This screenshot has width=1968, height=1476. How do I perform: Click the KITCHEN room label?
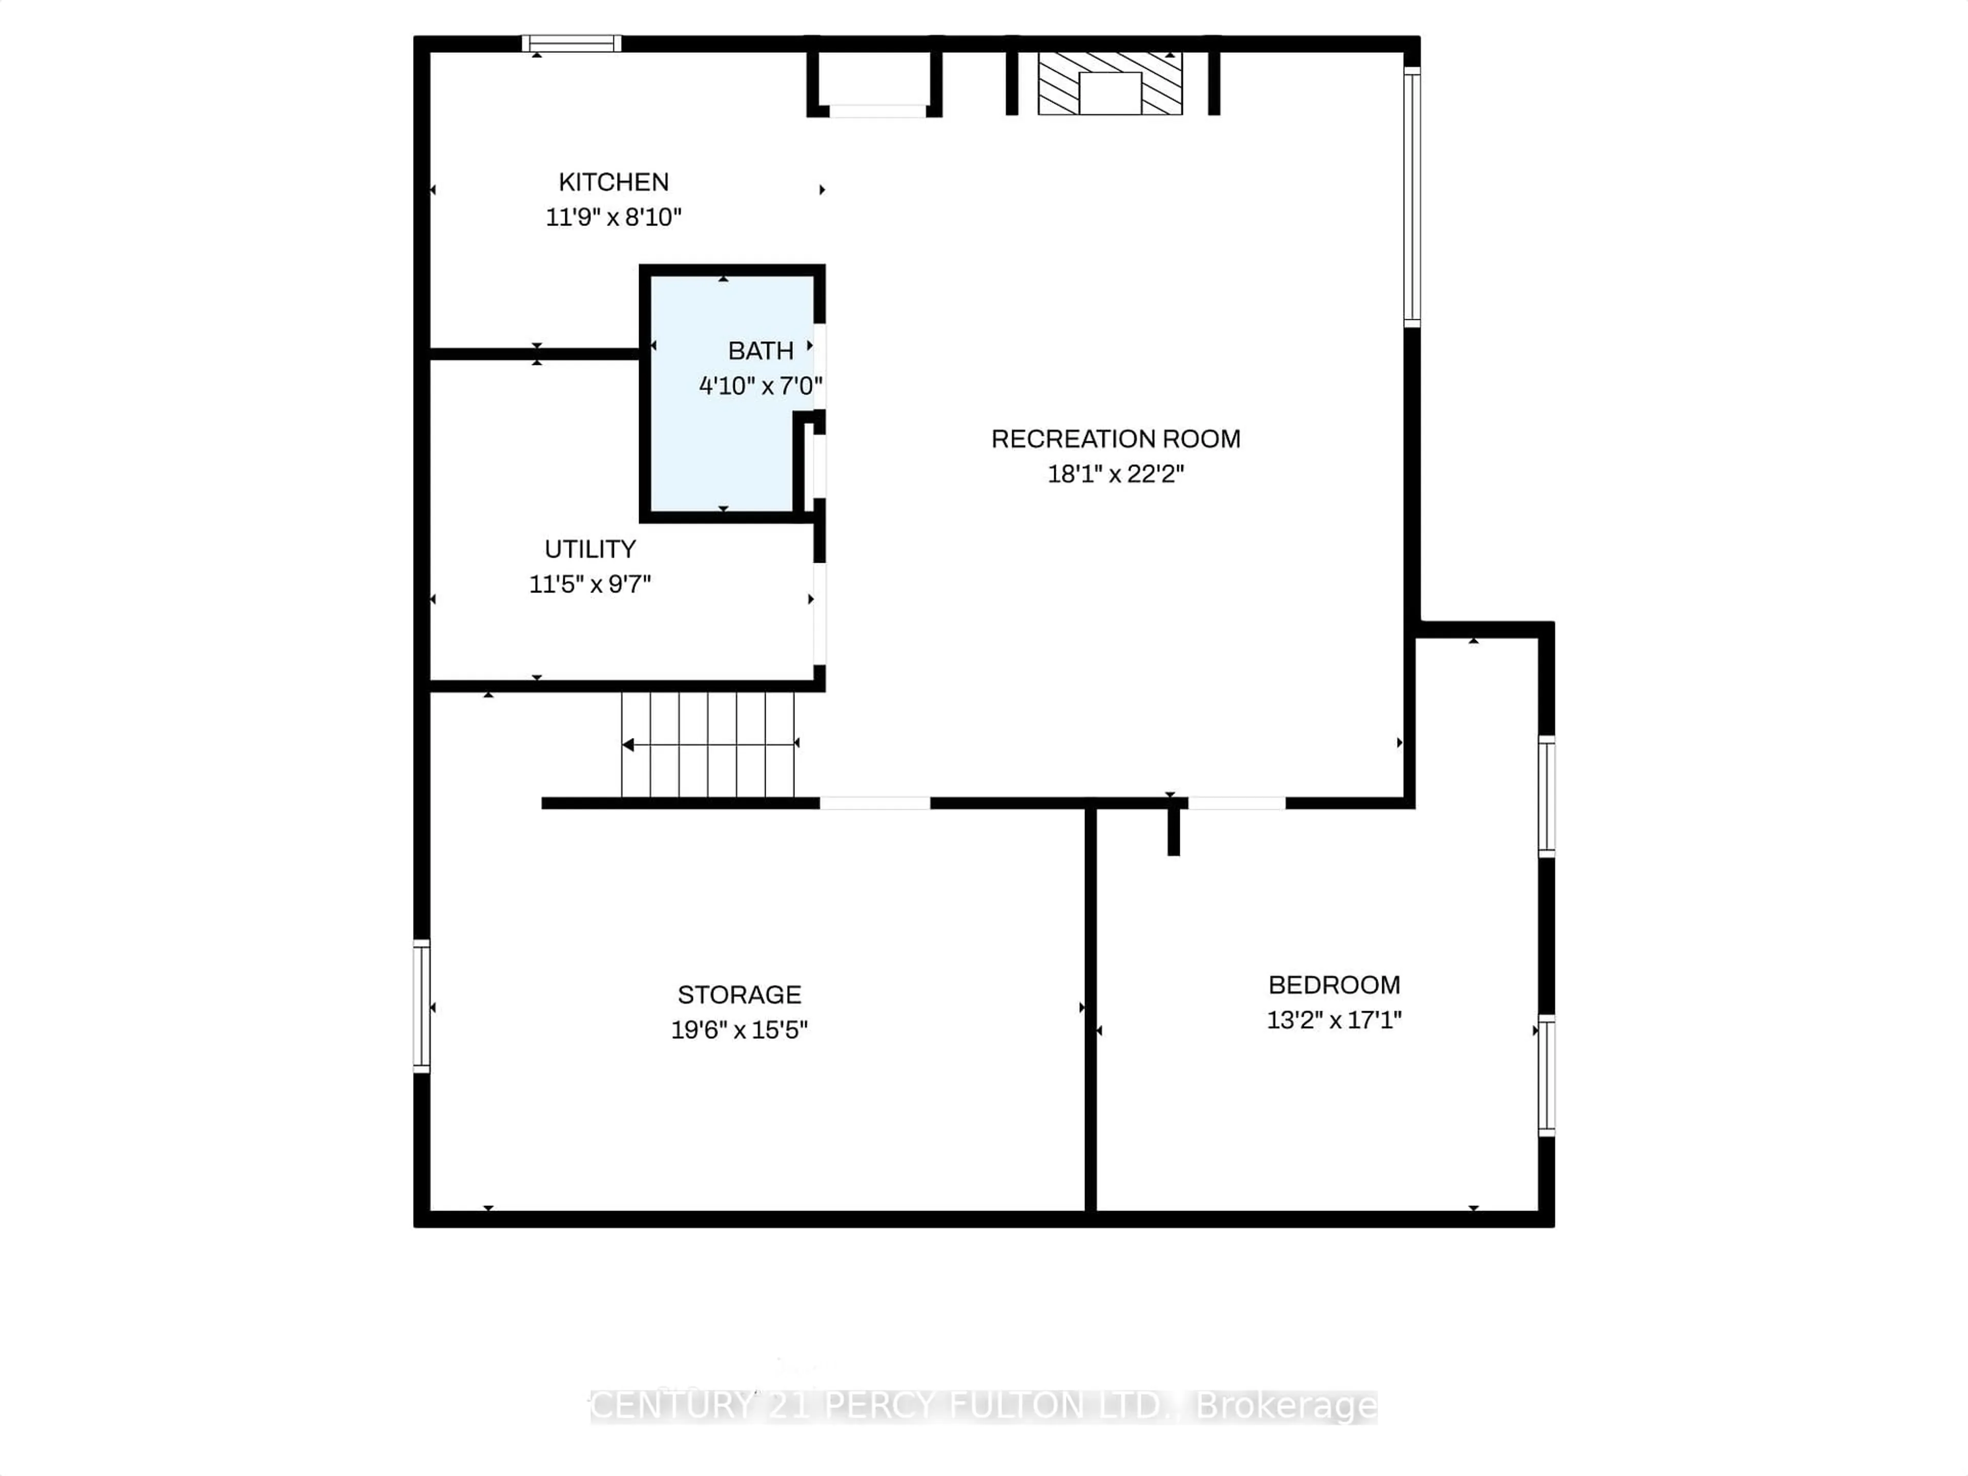tap(613, 182)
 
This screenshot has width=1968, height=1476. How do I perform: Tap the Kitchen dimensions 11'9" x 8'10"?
tap(613, 217)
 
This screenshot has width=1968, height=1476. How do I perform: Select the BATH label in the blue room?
tap(760, 352)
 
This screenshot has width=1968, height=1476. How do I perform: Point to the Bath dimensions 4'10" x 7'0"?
tap(760, 386)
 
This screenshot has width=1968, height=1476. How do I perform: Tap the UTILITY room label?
tap(590, 549)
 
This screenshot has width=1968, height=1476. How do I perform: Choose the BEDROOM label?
tap(1334, 985)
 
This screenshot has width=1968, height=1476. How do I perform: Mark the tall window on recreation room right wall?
tap(1412, 196)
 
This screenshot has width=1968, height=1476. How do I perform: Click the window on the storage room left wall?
tap(422, 1006)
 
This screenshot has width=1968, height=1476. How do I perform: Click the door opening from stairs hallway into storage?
tap(874, 804)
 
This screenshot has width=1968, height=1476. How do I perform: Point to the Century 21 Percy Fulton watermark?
tap(983, 1406)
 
